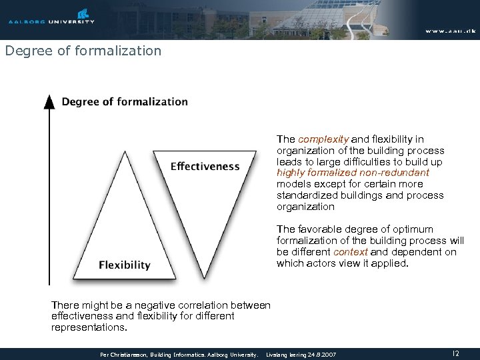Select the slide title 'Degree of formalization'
pyautogui.click(x=83, y=51)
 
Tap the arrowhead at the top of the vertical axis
pyautogui.click(x=49, y=101)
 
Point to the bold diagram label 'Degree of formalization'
pyautogui.click(x=125, y=102)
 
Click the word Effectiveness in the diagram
pyautogui.click(x=205, y=166)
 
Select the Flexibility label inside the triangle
pyautogui.click(x=125, y=265)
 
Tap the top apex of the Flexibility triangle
pyautogui.click(x=125, y=151)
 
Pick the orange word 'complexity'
pyautogui.click(x=323, y=139)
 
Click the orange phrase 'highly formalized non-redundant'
pyautogui.click(x=353, y=173)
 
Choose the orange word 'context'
pyautogui.click(x=351, y=252)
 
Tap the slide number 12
pyautogui.click(x=455, y=353)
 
